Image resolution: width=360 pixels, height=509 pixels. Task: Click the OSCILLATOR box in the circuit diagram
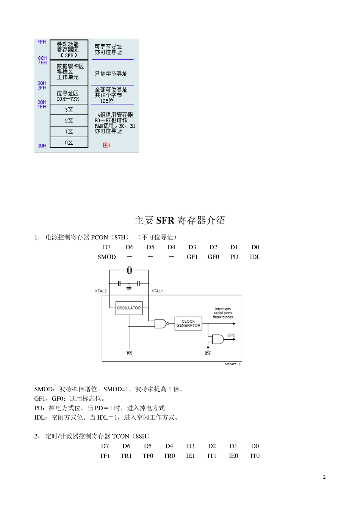(x=128, y=308)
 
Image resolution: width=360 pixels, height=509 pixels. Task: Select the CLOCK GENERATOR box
(x=188, y=323)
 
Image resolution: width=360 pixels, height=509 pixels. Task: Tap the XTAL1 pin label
(x=157, y=291)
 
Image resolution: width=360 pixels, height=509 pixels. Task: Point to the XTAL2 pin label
(x=101, y=291)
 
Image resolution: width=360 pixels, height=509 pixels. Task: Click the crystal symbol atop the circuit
(x=129, y=270)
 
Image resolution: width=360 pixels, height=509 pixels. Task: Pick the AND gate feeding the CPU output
(x=218, y=339)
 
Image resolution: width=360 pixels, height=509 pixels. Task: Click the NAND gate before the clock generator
(x=161, y=323)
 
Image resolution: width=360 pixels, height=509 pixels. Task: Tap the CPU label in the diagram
(x=231, y=335)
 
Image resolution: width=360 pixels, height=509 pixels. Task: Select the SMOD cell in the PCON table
(x=106, y=257)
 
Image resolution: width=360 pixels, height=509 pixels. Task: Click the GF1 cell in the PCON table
(x=192, y=257)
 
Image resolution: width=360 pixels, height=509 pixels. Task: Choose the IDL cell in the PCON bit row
(x=255, y=257)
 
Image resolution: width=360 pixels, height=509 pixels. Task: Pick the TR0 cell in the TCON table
(x=169, y=456)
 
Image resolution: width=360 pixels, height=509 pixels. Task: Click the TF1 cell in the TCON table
(x=105, y=456)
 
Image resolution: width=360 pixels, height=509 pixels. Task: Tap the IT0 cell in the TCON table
(x=255, y=456)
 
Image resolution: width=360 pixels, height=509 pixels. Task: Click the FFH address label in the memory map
(x=42, y=42)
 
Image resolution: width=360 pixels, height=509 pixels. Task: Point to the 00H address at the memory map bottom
(x=42, y=146)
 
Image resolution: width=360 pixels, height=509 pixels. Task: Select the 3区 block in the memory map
(x=69, y=110)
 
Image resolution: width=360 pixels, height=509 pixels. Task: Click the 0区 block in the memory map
(x=69, y=142)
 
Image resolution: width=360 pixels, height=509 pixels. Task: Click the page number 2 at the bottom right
(x=324, y=477)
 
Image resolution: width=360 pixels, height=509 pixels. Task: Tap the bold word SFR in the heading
(x=165, y=220)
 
